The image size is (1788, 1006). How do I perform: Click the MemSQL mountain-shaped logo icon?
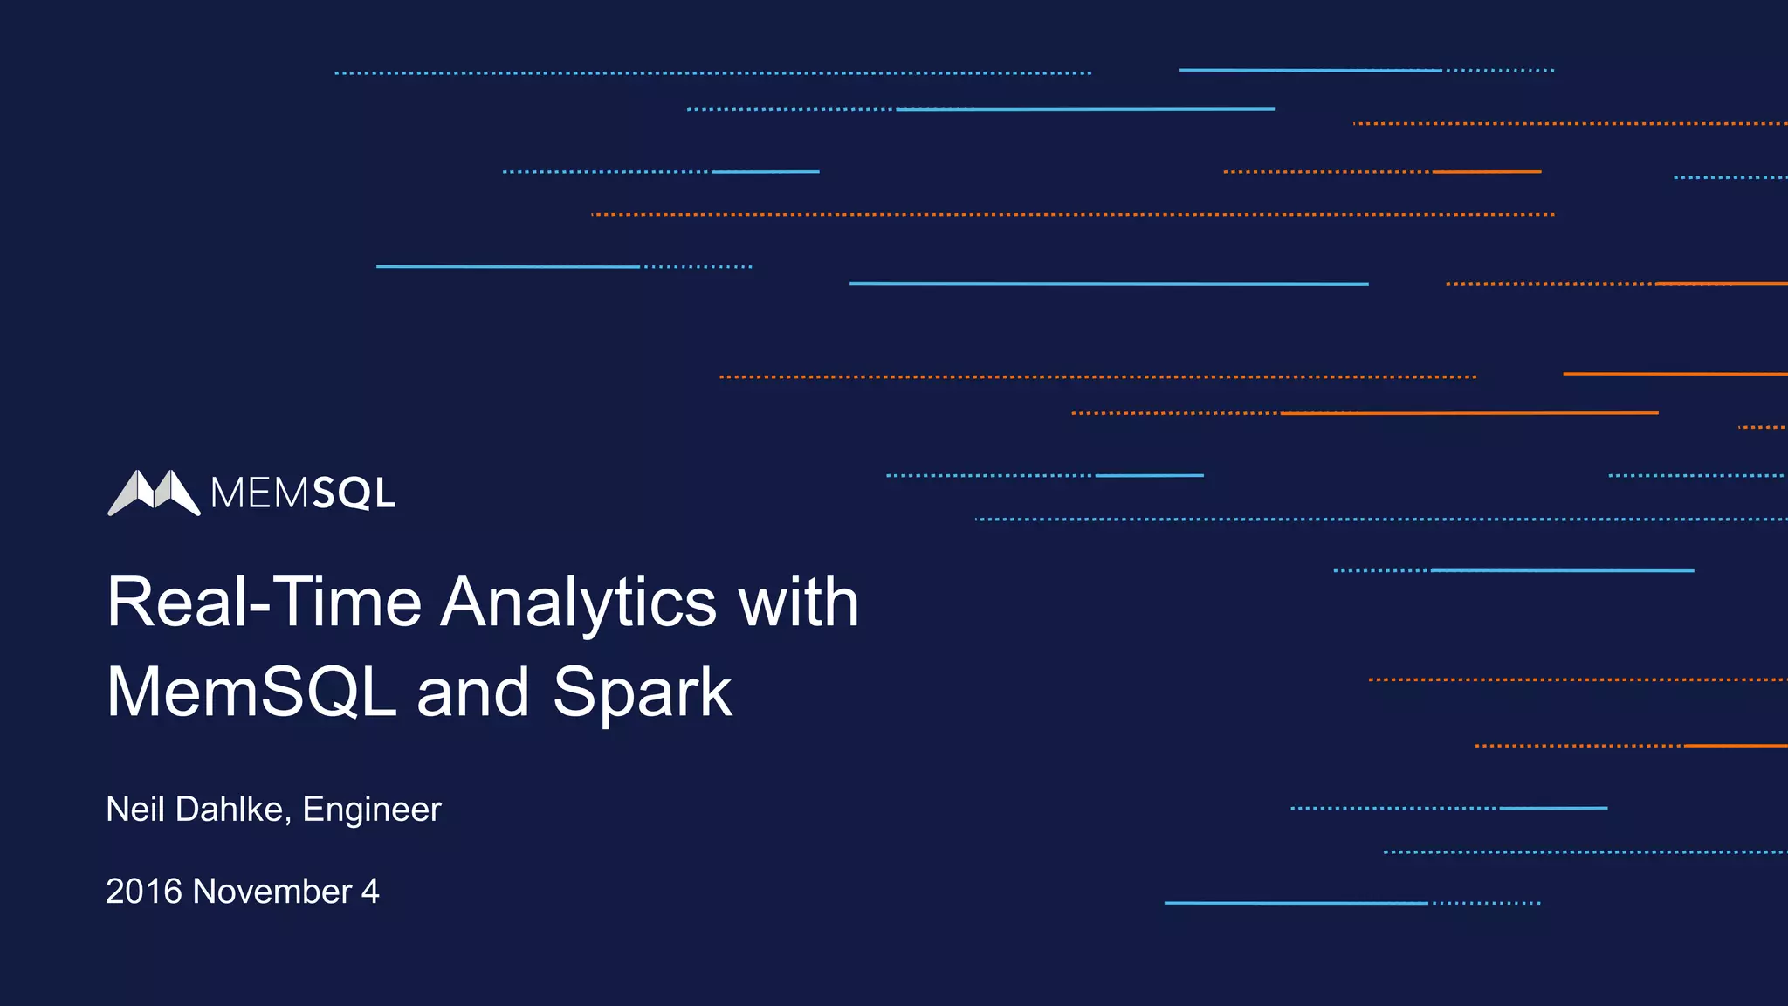(x=154, y=493)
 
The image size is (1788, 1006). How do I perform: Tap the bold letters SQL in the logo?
(x=354, y=494)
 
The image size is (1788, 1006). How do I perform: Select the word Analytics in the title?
(x=578, y=603)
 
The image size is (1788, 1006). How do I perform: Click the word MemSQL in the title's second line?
(x=251, y=692)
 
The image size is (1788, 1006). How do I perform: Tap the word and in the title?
(x=473, y=692)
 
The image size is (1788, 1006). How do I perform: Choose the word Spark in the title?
(x=642, y=692)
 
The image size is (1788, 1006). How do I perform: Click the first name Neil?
(x=135, y=810)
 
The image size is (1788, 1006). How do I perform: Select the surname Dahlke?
(x=229, y=810)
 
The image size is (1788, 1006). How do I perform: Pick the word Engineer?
(x=372, y=810)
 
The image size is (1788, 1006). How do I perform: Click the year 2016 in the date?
(x=144, y=892)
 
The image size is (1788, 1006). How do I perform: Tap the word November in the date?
(x=272, y=892)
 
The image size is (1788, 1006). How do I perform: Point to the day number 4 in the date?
(x=370, y=892)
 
